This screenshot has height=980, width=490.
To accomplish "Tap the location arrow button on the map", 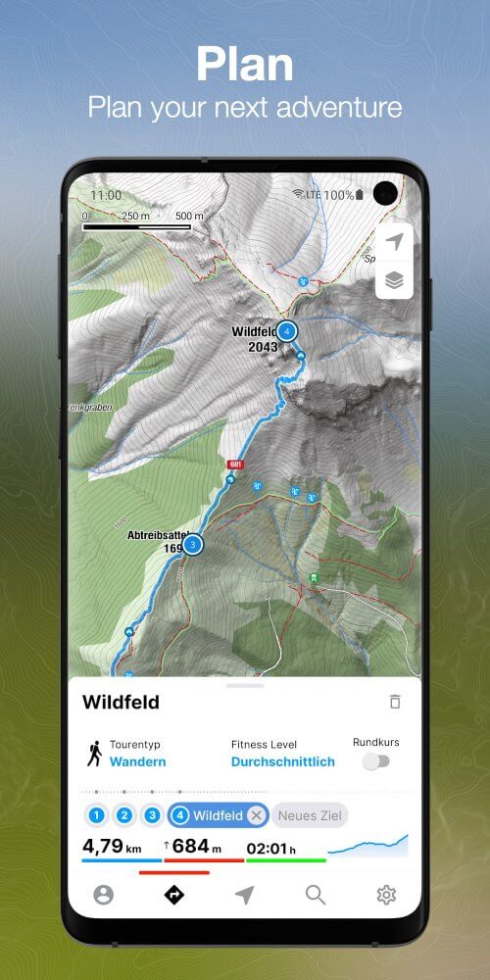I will click(x=394, y=242).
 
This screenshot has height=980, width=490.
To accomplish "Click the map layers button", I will click(x=394, y=280).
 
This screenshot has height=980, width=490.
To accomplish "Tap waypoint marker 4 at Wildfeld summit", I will click(x=286, y=331).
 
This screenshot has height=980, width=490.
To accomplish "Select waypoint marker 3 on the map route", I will click(x=193, y=544).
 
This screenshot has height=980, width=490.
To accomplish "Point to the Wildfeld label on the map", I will click(x=252, y=332).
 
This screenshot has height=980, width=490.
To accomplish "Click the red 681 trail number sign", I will click(x=235, y=465).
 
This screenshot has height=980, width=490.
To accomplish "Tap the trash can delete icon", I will click(x=395, y=702).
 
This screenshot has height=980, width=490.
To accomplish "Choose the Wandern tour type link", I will click(x=137, y=761).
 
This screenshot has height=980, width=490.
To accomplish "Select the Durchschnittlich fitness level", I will click(x=283, y=761).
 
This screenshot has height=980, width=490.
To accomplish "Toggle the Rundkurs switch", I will click(x=376, y=760).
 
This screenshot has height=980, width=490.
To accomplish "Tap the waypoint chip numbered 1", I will click(x=96, y=815).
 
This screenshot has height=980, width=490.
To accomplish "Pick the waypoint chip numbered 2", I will click(x=124, y=815).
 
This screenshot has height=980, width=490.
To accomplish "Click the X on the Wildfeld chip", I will click(x=256, y=815).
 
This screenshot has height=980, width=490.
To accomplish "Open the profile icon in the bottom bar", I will click(x=103, y=894).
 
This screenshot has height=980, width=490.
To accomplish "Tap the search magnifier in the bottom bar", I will click(x=315, y=894).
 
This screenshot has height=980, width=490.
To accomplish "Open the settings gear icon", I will click(x=386, y=894).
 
